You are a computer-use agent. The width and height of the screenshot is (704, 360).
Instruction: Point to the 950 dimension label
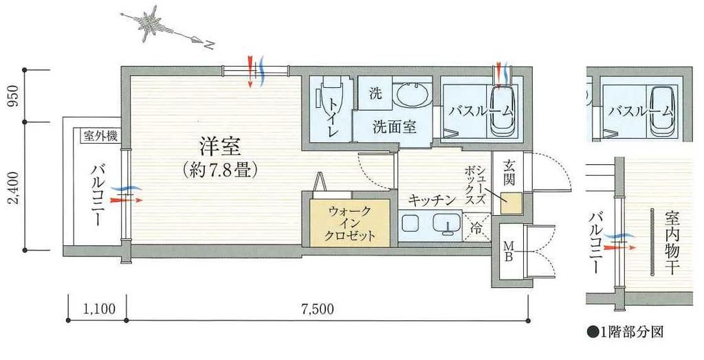[x=10, y=97]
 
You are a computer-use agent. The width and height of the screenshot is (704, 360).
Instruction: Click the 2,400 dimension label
[x=10, y=185]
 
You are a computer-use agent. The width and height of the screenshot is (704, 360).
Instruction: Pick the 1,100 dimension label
[x=96, y=308]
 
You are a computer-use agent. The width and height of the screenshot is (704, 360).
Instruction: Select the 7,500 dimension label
[x=318, y=308]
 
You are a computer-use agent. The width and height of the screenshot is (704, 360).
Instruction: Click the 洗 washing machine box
[x=375, y=94]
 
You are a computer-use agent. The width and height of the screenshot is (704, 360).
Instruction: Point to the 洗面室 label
[x=393, y=127]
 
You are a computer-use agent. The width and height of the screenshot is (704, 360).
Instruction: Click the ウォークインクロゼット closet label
[x=351, y=223]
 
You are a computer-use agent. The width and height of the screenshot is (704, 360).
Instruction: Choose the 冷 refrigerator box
[x=475, y=226]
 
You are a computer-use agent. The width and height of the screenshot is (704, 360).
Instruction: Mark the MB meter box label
[x=509, y=252]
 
